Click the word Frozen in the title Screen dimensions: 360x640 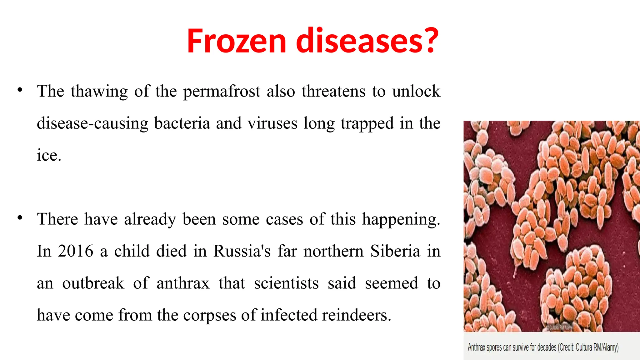[237, 41]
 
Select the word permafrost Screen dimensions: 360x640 [222, 92]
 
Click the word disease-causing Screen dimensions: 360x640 [92, 123]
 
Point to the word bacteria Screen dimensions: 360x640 [182, 123]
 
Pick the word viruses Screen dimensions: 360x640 [272, 123]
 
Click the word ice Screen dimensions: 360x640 [49, 155]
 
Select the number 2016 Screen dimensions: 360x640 [76, 251]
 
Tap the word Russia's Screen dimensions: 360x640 [242, 251]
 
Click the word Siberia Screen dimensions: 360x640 [395, 251]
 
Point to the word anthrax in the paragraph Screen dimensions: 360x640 [183, 283]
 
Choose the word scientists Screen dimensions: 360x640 [286, 283]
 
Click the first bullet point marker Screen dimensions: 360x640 [20, 90]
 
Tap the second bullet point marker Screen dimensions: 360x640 [20, 218]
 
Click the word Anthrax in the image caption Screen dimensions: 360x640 [476, 347]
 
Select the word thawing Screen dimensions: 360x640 [99, 92]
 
